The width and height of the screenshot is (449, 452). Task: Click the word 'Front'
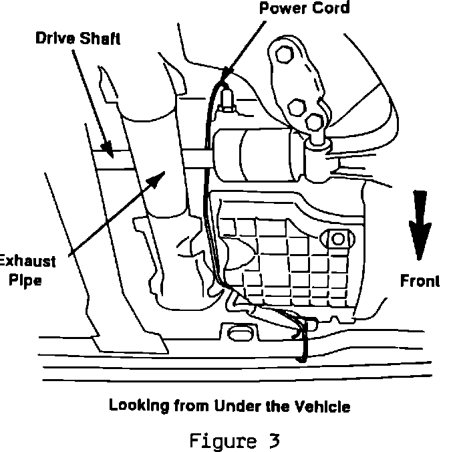420,281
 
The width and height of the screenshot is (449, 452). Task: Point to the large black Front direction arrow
419,225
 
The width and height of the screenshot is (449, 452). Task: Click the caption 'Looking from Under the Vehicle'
229,405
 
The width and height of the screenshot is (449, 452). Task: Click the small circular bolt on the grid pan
336,238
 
